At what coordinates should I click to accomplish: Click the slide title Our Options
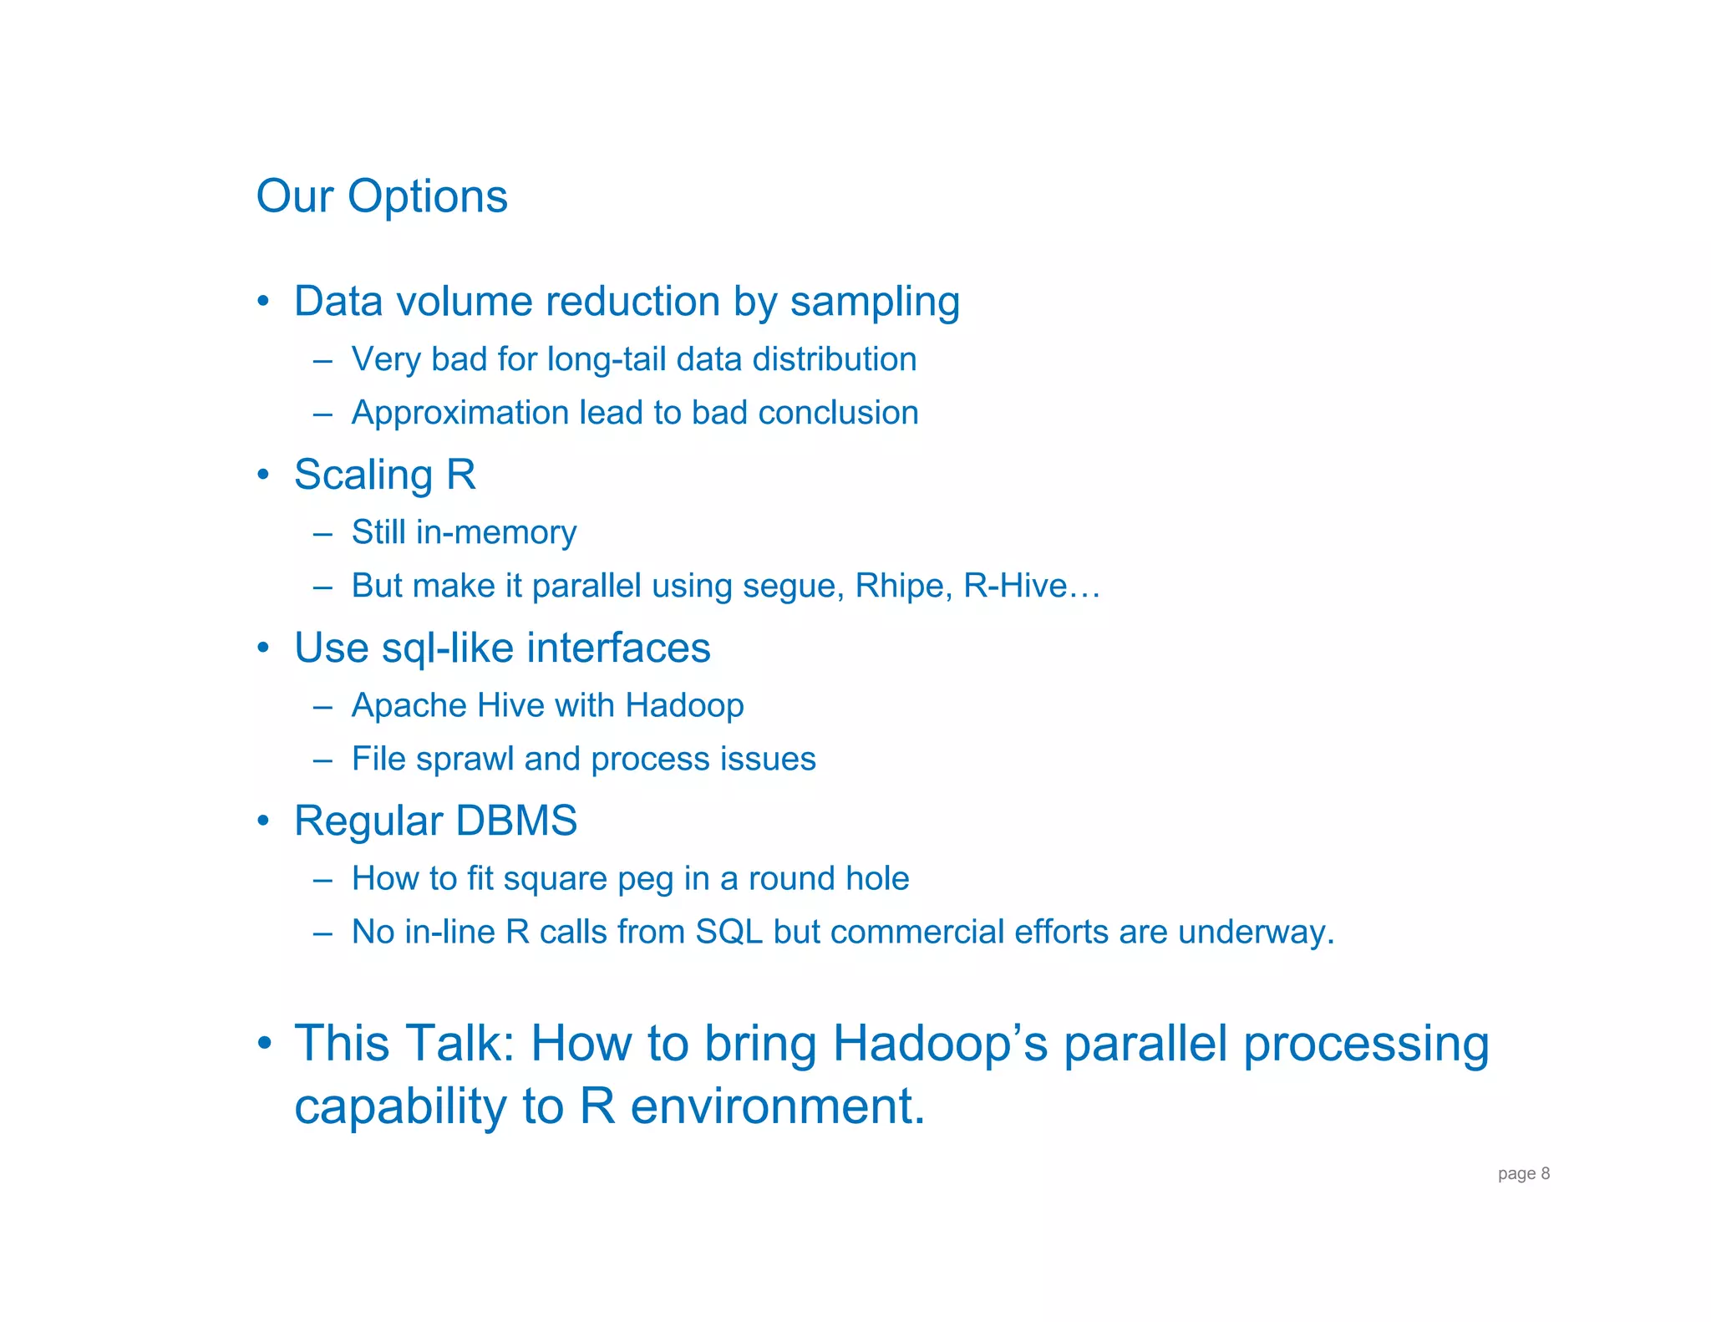382,196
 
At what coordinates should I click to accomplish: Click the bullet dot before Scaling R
263,475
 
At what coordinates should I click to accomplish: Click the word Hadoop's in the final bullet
940,1044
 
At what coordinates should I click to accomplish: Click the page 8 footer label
1523,1173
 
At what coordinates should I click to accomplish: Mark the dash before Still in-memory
322,533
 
